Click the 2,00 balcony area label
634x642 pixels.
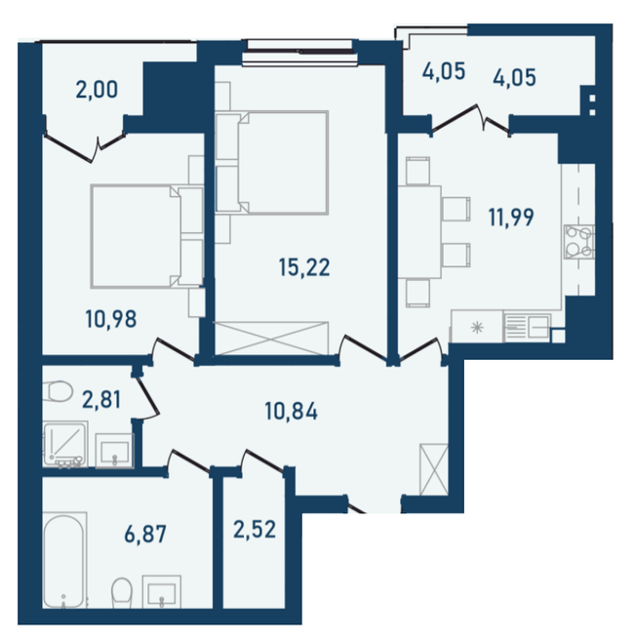(97, 91)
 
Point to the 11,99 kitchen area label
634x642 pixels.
(511, 217)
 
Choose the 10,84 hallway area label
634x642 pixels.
(293, 412)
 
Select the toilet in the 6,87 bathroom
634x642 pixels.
(122, 590)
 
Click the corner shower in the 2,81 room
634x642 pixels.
(62, 446)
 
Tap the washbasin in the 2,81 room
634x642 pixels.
(115, 450)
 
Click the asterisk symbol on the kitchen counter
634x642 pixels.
(476, 328)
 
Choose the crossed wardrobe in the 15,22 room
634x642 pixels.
(273, 341)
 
